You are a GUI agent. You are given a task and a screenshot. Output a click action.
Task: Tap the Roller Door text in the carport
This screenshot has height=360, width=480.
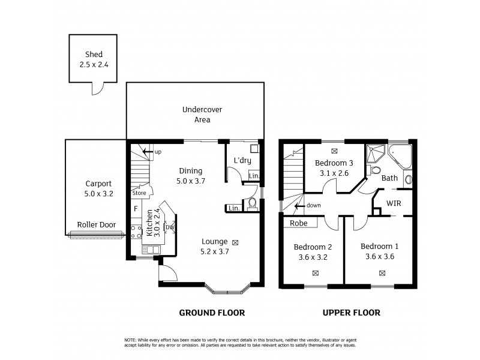point(96,225)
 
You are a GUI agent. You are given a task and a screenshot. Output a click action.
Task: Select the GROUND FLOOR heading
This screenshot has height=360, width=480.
point(212,313)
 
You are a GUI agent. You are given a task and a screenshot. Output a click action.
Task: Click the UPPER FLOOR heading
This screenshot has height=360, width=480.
point(351,313)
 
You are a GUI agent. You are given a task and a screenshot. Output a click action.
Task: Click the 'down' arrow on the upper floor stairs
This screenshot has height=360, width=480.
point(298,205)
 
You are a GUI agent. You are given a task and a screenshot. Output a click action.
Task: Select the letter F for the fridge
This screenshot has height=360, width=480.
point(136,209)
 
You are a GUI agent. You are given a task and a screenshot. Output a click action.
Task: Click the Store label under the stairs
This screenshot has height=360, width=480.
point(139,193)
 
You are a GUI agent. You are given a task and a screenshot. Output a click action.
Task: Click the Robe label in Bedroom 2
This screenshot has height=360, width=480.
point(299,223)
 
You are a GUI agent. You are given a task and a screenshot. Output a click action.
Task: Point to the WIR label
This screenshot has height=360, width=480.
point(394,203)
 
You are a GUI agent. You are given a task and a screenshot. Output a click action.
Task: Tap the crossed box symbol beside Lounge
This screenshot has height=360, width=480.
point(235,242)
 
